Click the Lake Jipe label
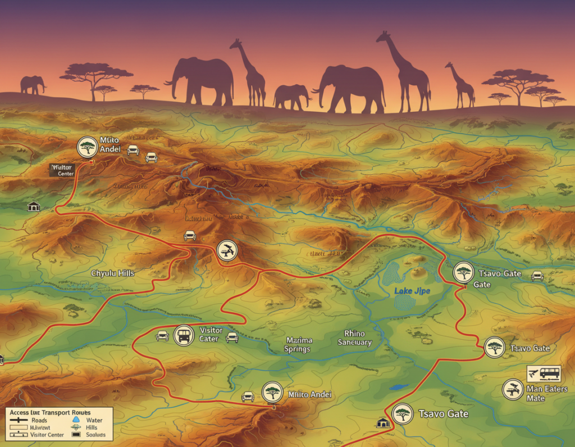[412, 291]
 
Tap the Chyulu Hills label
[113, 273]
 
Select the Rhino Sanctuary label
[354, 338]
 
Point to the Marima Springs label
[298, 345]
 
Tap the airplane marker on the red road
[227, 250]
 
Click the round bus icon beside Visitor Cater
[184, 336]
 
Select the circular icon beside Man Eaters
[512, 389]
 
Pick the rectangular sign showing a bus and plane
[544, 373]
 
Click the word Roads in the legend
[39, 420]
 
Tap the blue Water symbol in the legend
[77, 419]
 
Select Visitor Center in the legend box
[48, 435]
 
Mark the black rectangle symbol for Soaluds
[76, 435]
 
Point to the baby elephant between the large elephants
[291, 97]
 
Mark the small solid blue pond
[399, 387]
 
